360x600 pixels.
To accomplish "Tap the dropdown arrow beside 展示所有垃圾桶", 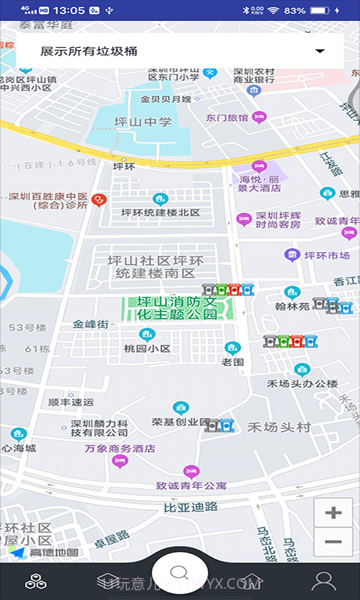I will [x=320, y=51].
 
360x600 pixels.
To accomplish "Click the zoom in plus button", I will [x=333, y=514].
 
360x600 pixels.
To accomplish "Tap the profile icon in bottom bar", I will [x=324, y=580].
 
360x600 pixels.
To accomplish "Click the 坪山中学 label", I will [x=142, y=122].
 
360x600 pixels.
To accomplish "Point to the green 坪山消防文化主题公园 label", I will [x=177, y=308].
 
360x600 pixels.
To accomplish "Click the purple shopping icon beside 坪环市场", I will [x=292, y=255].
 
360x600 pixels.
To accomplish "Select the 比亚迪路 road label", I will [x=190, y=507].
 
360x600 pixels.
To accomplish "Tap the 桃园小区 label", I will [x=148, y=349].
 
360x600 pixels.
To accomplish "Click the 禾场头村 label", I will [x=279, y=427].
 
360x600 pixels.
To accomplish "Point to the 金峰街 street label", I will [x=91, y=325].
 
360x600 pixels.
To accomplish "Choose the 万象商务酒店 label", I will [x=120, y=448].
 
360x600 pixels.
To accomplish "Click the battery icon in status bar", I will [x=320, y=10].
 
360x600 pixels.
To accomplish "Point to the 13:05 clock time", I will [x=69, y=10].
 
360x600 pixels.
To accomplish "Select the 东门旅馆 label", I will [x=227, y=117].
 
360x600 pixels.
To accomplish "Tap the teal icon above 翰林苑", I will [x=292, y=292].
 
